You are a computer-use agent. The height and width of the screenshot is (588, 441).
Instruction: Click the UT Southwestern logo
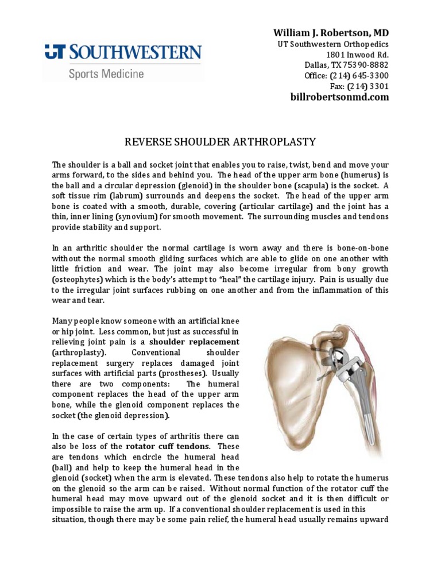(123, 53)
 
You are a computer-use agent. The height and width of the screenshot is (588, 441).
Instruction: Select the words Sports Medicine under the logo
(106, 73)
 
